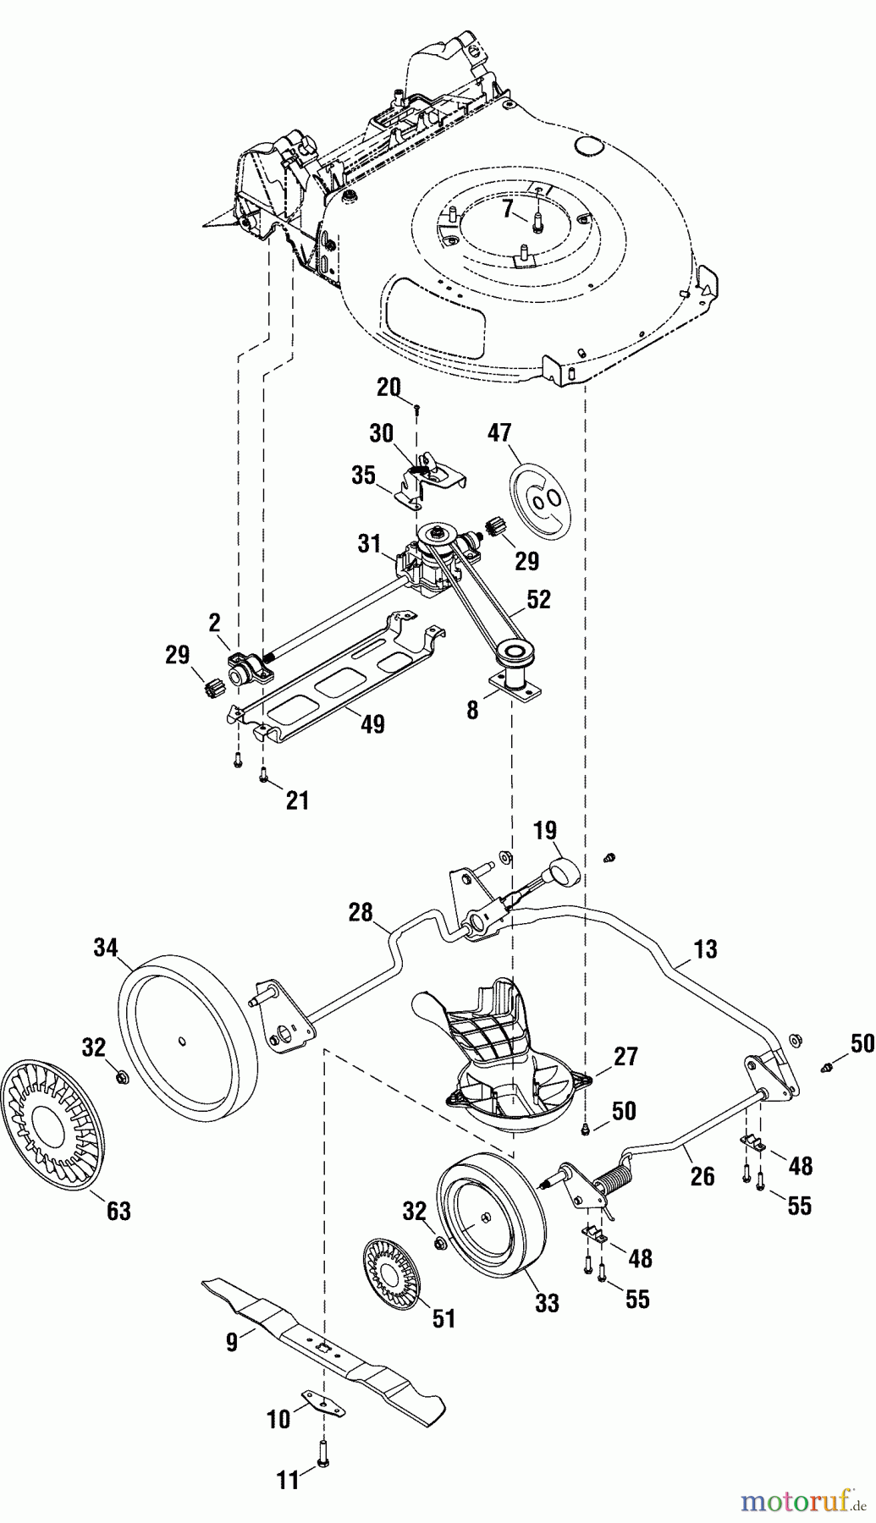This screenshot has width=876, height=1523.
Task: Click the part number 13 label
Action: tap(704, 949)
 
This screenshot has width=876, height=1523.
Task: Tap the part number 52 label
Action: tap(538, 599)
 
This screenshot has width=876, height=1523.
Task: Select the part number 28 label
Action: tap(361, 912)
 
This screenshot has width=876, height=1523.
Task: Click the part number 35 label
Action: tap(364, 475)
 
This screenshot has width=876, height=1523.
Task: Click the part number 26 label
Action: tap(702, 1176)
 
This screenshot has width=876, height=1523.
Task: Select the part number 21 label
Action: tap(297, 800)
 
